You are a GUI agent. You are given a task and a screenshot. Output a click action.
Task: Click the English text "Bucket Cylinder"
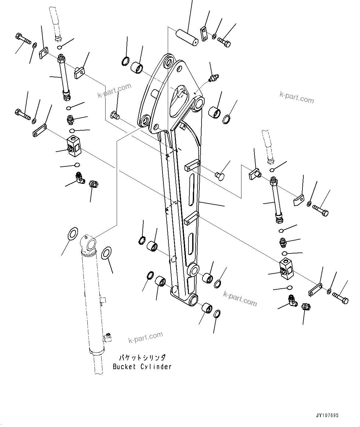point(142,367)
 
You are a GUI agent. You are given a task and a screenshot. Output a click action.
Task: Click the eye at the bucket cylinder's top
point(90,243)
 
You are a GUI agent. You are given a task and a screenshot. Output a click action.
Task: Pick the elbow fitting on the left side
point(80,178)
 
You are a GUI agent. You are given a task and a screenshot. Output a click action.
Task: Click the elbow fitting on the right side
point(292,300)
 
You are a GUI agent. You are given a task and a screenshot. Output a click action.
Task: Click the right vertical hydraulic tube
point(277,199)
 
